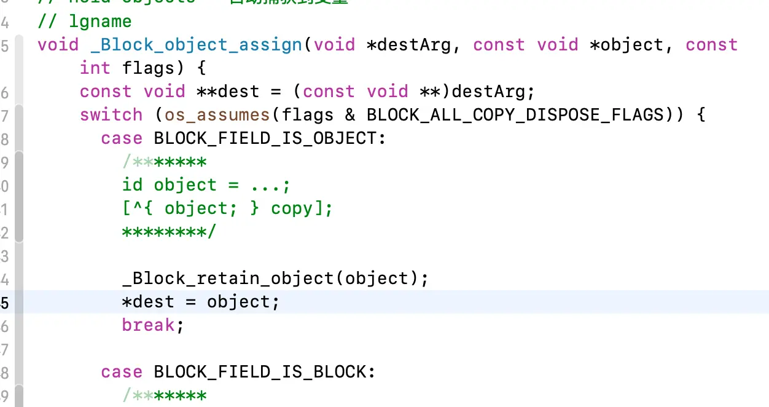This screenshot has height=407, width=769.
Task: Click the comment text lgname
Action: pos(100,22)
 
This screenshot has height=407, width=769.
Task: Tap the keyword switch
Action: pos(111,115)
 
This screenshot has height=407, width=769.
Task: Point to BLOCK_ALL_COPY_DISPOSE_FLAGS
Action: pos(515,115)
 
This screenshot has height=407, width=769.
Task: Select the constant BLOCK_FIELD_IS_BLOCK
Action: pos(260,372)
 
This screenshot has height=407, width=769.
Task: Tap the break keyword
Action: pos(148,325)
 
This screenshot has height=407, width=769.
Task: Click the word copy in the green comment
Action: pos(292,208)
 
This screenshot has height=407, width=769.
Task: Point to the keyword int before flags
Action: pos(95,68)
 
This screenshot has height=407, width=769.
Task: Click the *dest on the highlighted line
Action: pos(148,302)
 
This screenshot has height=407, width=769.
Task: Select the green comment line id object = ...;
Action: pos(206,185)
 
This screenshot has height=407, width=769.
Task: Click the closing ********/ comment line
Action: pos(169,232)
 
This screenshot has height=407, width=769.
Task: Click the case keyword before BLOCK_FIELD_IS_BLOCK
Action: pos(121,372)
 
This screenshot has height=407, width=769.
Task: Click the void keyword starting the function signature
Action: pos(58,45)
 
